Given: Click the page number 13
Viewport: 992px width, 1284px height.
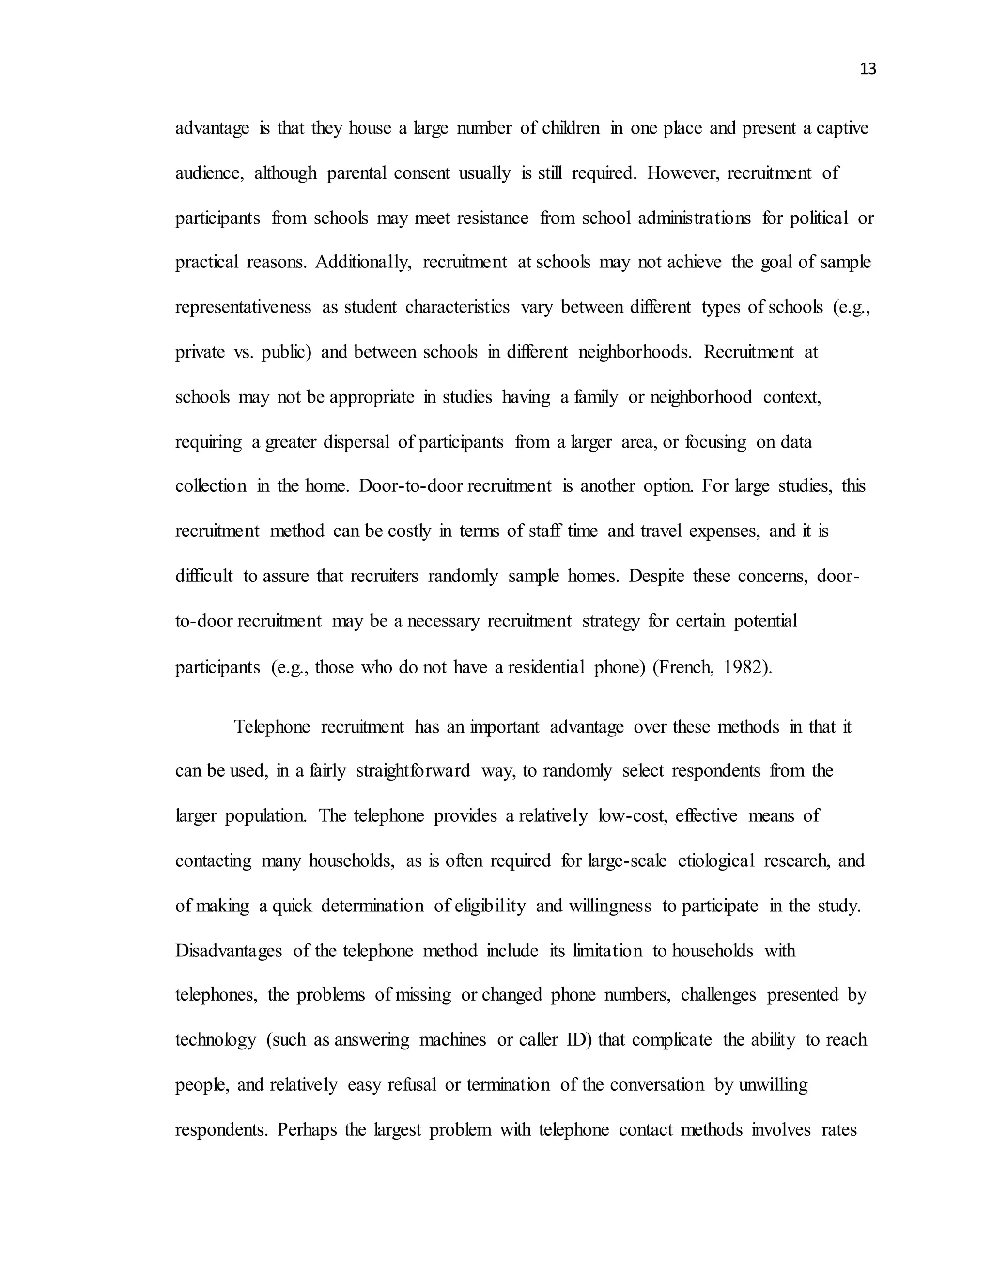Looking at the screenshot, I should pyautogui.click(x=868, y=69).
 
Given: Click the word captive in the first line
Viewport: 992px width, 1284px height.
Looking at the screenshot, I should pyautogui.click(x=841, y=128).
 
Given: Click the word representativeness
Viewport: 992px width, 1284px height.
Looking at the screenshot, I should pyautogui.click(x=243, y=308).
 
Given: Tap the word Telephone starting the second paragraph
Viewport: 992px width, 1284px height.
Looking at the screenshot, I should pyautogui.click(x=272, y=727).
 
